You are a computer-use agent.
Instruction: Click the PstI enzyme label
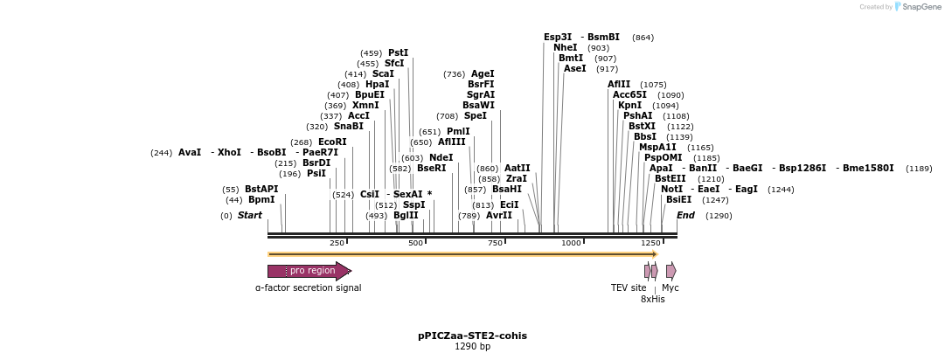pos(398,52)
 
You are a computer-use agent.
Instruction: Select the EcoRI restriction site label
pos(332,142)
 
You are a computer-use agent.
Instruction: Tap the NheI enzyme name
pos(566,48)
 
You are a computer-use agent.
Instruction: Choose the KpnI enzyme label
pos(629,106)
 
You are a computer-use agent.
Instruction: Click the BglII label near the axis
pos(406,215)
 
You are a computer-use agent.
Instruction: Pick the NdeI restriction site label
pos(441,158)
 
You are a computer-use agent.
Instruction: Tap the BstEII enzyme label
pos(671,178)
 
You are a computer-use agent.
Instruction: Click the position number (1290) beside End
pos(719,216)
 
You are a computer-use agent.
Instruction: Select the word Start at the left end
pos(250,215)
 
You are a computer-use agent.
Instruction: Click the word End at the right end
pos(686,215)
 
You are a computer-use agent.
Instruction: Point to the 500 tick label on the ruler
pos(415,243)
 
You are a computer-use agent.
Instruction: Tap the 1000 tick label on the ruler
pos(571,243)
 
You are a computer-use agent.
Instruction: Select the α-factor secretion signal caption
pos(308,287)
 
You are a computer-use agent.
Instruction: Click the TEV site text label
pos(629,287)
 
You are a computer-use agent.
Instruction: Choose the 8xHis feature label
pos(652,299)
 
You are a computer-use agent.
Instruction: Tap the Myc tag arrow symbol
pos(671,271)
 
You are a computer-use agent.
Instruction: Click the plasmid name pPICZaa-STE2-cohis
pos(472,336)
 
